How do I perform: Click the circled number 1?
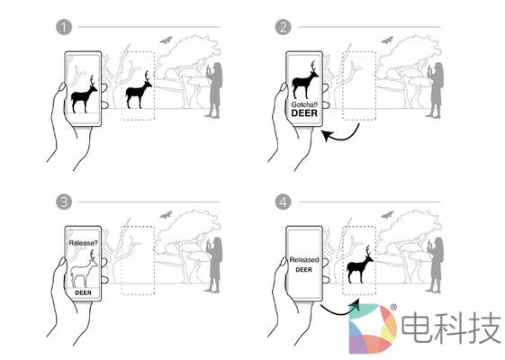64,27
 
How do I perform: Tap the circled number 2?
283,27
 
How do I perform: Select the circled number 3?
64,202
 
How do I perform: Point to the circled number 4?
283,202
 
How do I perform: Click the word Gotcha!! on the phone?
304,104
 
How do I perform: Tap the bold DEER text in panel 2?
304,113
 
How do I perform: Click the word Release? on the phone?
83,243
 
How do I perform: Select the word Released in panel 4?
304,259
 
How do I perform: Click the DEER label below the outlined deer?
83,292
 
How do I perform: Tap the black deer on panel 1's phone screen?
83,94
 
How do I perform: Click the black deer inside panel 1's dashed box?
139,90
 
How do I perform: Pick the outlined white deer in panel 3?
84,269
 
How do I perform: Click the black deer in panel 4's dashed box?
360,265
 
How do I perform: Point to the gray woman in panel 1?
214,90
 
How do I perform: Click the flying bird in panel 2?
387,40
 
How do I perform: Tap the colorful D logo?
373,328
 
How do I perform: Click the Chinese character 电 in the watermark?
416,328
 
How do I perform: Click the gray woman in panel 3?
214,265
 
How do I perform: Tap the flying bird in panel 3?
166,215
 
